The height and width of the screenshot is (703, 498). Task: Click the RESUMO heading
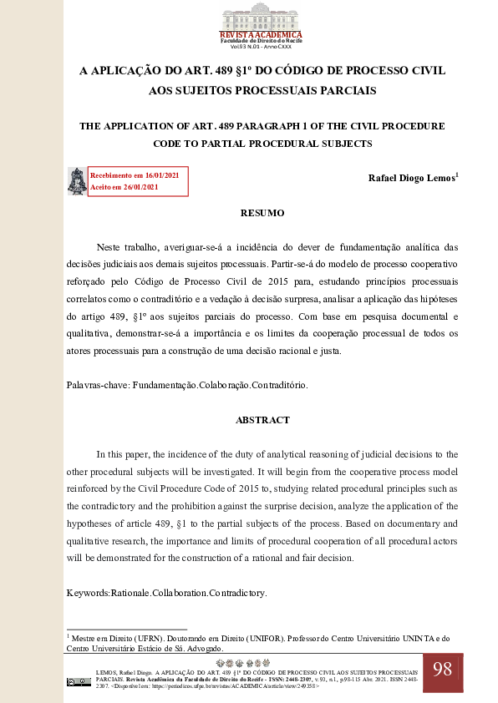262,213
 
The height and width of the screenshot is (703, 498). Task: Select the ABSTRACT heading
262,420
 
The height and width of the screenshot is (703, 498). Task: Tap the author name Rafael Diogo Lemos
412,179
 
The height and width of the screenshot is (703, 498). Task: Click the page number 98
442,669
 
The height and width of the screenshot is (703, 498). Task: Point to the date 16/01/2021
161,175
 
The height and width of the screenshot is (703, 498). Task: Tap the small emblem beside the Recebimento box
76,181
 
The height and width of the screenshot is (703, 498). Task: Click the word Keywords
88,593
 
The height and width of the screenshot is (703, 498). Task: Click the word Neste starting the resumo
111,247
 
